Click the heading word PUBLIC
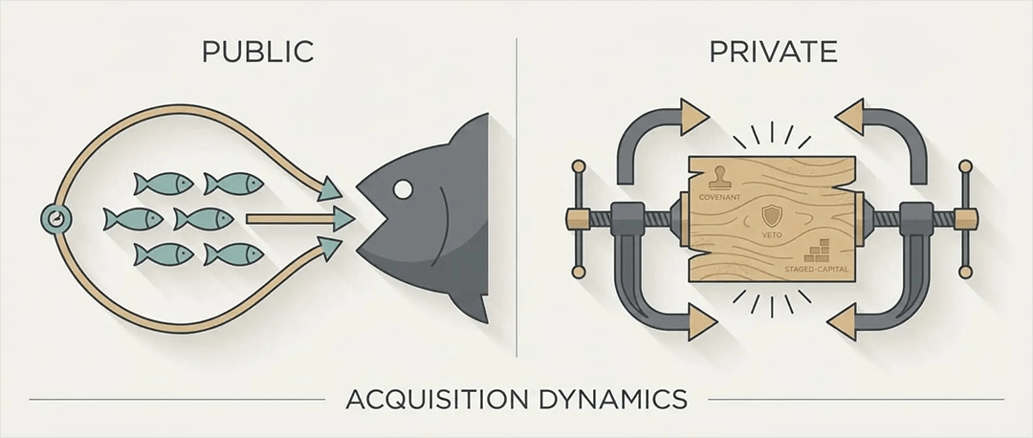click(257, 52)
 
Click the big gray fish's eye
click(404, 190)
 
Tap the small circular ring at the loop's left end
click(55, 218)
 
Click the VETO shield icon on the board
click(771, 213)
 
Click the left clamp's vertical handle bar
click(577, 220)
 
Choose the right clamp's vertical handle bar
click(965, 220)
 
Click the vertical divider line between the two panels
click(517, 191)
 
